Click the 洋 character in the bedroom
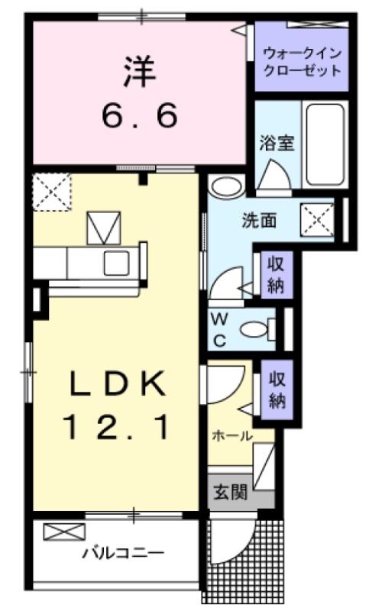pyautogui.click(x=139, y=70)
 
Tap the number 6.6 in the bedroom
pyautogui.click(x=140, y=115)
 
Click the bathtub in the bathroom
pyautogui.click(x=324, y=143)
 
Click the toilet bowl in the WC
pyautogui.click(x=254, y=329)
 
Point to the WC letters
pyautogui.click(x=219, y=328)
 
